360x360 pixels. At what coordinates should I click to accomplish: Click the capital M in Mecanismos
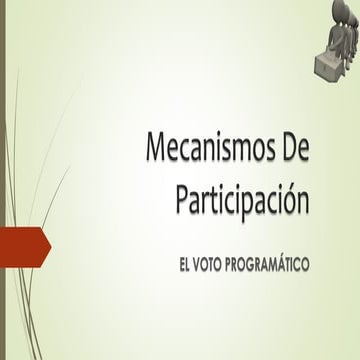(x=159, y=152)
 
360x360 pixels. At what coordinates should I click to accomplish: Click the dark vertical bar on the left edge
(x=3, y=180)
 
